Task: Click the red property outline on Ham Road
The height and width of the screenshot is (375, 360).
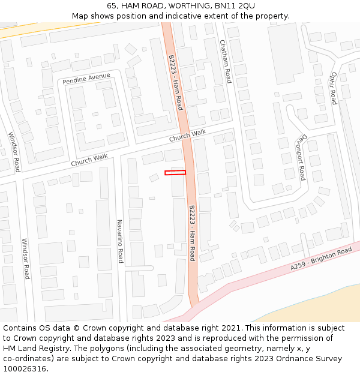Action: click(x=175, y=173)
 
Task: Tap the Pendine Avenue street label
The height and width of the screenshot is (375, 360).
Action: click(x=86, y=79)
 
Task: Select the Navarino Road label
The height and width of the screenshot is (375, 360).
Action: click(x=120, y=241)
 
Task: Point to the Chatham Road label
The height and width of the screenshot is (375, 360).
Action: click(x=225, y=61)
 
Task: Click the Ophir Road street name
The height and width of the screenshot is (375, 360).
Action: click(x=334, y=88)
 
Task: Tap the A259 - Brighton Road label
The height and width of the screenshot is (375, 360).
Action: click(x=321, y=258)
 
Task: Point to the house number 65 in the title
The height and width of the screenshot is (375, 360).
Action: click(x=112, y=6)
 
